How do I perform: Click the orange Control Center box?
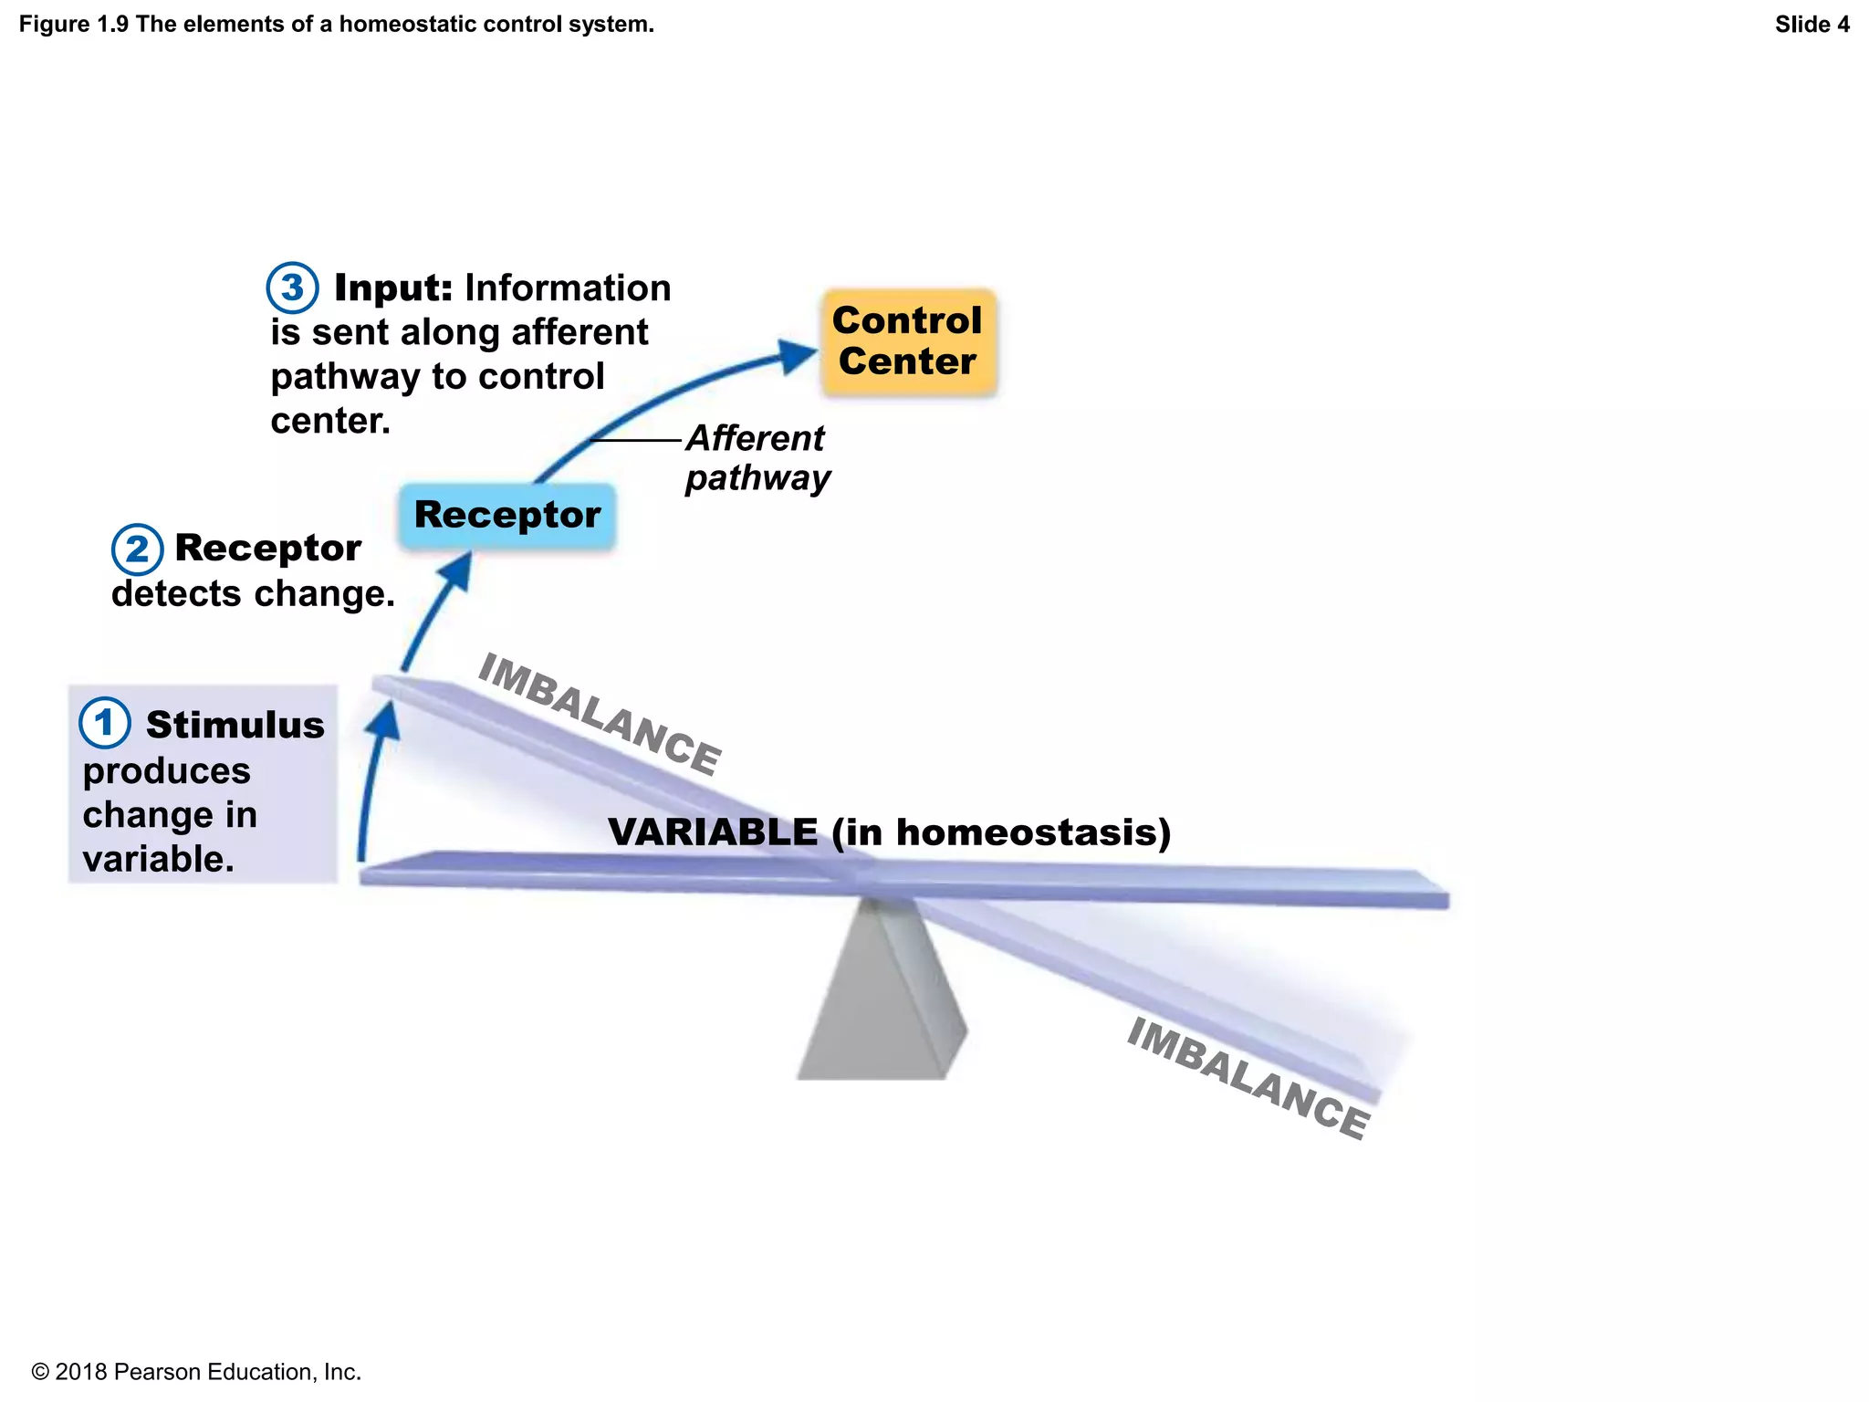[908, 342]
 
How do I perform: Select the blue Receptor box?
[507, 516]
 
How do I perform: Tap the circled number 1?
[104, 723]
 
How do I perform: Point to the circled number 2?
[137, 549]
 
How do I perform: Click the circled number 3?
[292, 288]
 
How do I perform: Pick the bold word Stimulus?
[235, 725]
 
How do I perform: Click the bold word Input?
[393, 288]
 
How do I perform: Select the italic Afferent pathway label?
[757, 458]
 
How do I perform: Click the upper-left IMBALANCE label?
[600, 714]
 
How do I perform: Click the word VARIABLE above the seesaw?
[713, 832]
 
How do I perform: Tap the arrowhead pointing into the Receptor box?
[457, 570]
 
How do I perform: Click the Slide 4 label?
[1812, 25]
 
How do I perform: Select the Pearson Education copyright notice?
[196, 1372]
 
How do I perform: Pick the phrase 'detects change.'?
[253, 594]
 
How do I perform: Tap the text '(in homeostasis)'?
[1001, 832]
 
